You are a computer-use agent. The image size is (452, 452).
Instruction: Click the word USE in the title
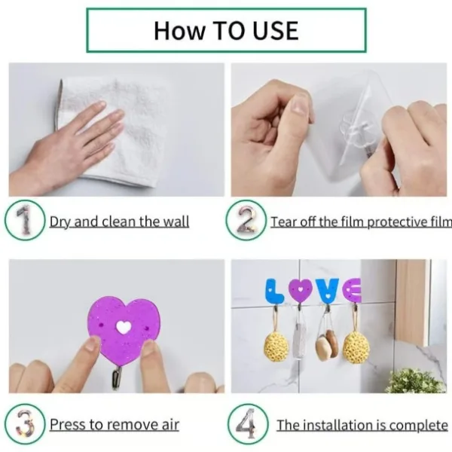pos(270,30)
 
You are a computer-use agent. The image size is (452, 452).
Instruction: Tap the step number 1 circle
pos(24,221)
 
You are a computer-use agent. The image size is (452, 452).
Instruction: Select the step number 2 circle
pos(246,221)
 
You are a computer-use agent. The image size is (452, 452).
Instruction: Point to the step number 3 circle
pos(24,424)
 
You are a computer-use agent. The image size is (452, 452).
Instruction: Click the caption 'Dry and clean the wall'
pos(119,221)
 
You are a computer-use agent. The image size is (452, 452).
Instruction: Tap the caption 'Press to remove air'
pos(115,425)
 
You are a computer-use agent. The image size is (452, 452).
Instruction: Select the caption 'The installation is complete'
pos(362,425)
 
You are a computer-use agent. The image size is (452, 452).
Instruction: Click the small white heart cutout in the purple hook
pos(124,328)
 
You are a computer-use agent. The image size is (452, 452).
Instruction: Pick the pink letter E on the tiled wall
pos(352,290)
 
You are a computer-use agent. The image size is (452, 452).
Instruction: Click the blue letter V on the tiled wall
pos(327,291)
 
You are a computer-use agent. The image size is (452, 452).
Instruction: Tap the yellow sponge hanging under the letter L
pos(276,345)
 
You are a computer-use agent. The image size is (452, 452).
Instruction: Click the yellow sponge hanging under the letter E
pos(356,346)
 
